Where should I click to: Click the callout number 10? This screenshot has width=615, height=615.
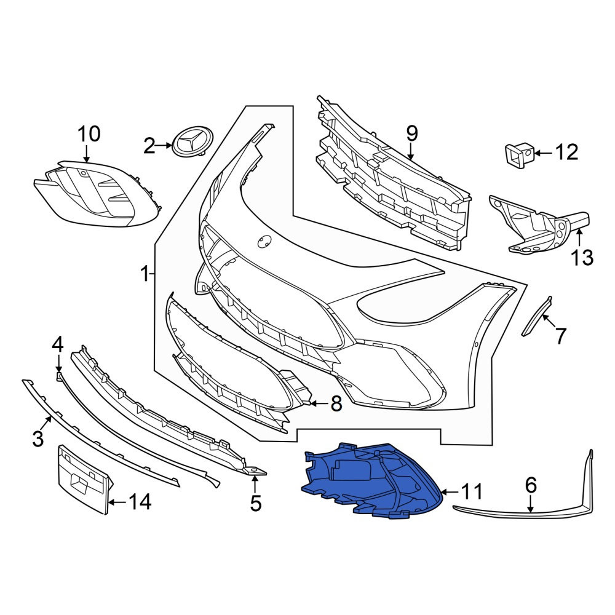point(89,134)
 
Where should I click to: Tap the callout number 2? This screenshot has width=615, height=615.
point(149,146)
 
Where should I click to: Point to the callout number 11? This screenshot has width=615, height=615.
point(472,491)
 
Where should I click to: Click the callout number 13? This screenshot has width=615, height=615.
point(582,258)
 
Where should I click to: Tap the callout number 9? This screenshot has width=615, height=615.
point(412,134)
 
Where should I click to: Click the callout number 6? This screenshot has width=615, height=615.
point(531,485)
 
